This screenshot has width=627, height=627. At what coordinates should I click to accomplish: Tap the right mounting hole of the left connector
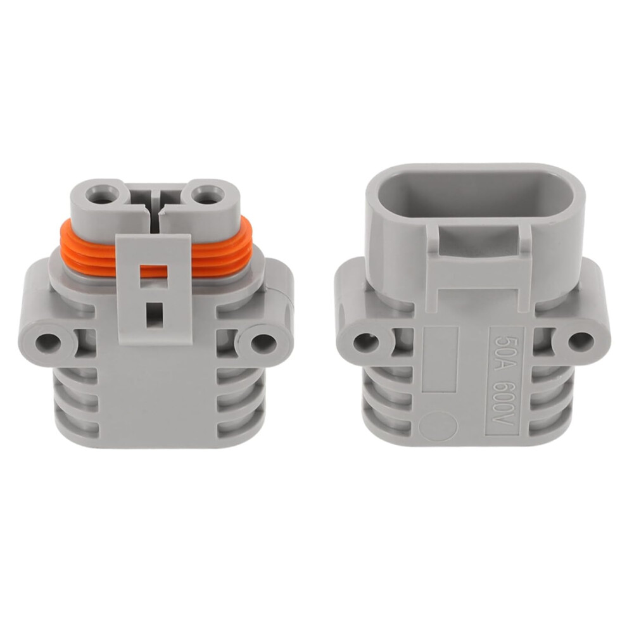click(x=264, y=342)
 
